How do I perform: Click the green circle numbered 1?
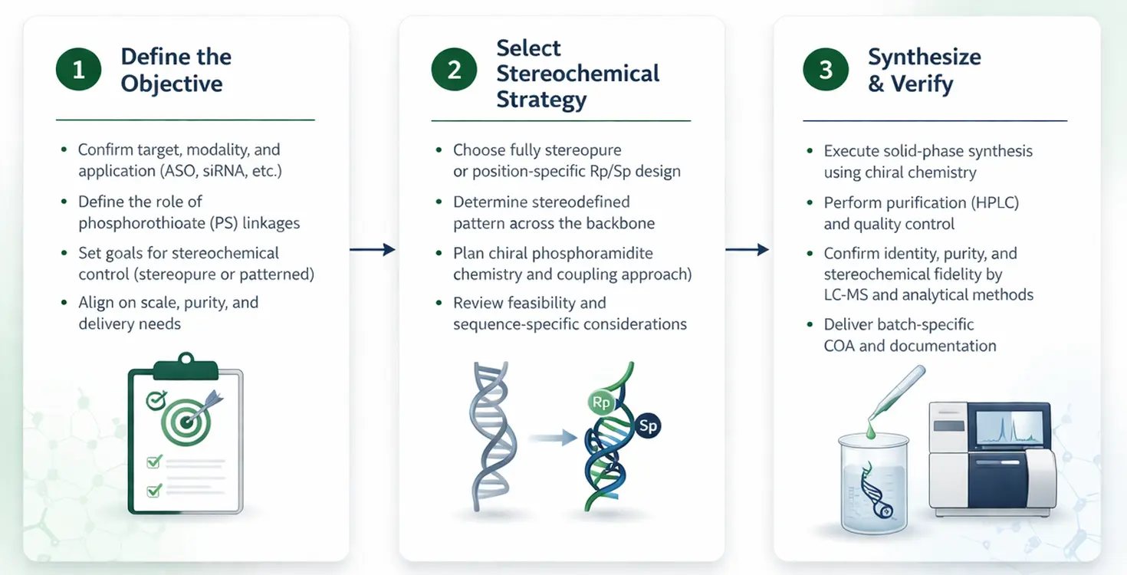click(x=78, y=71)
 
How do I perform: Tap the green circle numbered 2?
click(x=454, y=71)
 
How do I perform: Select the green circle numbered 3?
click(x=826, y=71)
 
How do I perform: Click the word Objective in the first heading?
click(x=172, y=84)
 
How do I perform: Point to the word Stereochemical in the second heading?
click(x=577, y=74)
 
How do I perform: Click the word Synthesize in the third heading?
click(x=924, y=57)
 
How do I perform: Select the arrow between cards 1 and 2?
click(x=373, y=249)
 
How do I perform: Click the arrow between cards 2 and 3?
click(x=747, y=249)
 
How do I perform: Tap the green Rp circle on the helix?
click(x=599, y=402)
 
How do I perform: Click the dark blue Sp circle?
click(x=648, y=426)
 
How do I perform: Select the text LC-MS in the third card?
click(x=848, y=294)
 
